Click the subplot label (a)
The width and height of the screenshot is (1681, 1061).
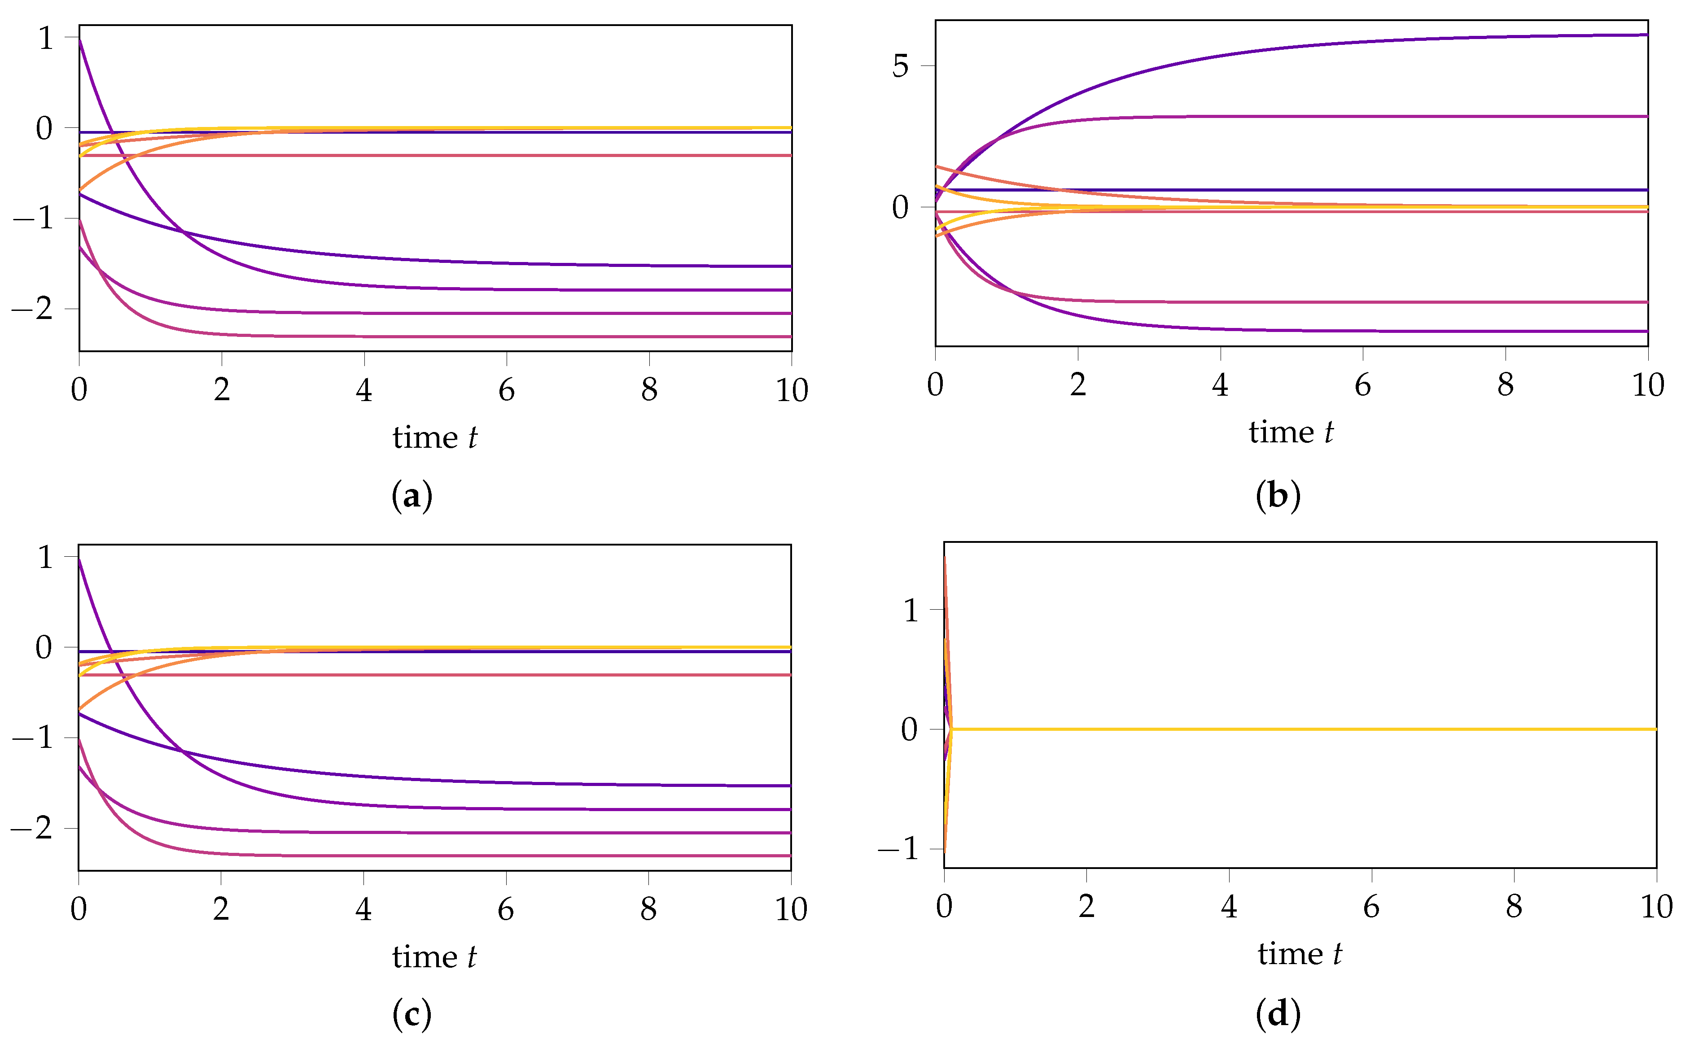[412, 496]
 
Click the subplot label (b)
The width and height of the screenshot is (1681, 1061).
[1278, 496]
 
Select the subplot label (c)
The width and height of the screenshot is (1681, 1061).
[412, 1014]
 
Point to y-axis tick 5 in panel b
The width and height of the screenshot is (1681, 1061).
[901, 67]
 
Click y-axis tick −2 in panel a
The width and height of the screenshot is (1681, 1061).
[34, 309]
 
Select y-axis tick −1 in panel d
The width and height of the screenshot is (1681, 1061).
[899, 849]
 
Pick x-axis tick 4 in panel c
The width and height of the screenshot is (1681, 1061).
[363, 909]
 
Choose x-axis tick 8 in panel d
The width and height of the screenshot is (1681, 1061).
[1514, 907]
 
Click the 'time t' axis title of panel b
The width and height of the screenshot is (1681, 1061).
[1291, 433]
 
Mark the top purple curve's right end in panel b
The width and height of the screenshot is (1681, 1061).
[1644, 35]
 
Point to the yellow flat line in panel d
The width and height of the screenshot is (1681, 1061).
[1299, 729]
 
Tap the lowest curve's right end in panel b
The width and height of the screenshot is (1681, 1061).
[1644, 332]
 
